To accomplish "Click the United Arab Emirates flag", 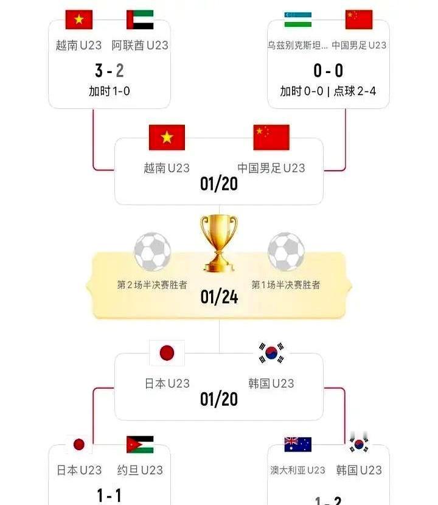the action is coord(140,19).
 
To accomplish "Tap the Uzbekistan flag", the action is coord(297,19).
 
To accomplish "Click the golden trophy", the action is coord(219,244).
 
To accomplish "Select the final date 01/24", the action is coord(219,297).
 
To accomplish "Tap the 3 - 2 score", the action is coord(109,71).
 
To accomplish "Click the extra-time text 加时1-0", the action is coord(109,91).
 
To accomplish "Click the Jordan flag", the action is coord(140,444).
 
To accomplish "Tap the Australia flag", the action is coord(297,444).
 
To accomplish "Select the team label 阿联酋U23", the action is coord(140,45).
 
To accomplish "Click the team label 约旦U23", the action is coord(140,470).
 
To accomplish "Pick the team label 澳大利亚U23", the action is coord(297,470).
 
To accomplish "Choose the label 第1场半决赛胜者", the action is coord(286,284).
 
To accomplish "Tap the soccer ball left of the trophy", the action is coord(152,252).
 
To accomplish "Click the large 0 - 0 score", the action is coord(328,71).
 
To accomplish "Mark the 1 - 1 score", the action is coord(109,495).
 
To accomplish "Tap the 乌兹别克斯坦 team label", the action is coord(297,45).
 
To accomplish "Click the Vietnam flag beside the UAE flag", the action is coord(79,19).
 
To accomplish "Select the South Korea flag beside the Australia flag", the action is coord(359,444).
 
